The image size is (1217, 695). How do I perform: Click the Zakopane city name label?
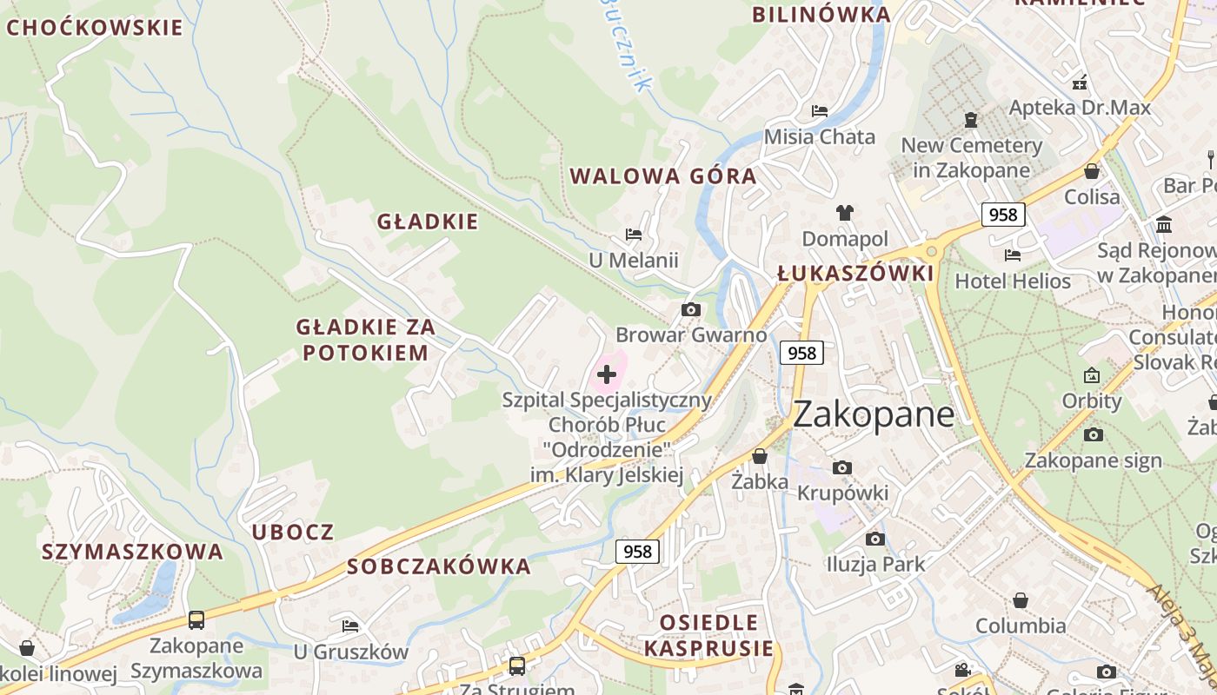coord(874,414)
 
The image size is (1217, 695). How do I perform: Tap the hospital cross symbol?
coord(607,374)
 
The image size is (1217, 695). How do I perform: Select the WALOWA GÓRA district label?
coord(662,176)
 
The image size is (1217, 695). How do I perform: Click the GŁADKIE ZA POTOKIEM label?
coord(364,340)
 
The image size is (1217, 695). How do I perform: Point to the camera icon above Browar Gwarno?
coord(691,310)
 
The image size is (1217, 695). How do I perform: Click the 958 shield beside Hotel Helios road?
coord(1003,215)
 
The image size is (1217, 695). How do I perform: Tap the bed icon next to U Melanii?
coord(634,235)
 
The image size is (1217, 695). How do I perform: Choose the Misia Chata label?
coord(819,136)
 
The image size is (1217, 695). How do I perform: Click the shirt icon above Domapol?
coord(844,213)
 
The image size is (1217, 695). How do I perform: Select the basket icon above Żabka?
coord(760,456)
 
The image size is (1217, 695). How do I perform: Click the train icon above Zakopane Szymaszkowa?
coord(196,620)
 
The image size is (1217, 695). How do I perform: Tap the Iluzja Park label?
coord(875,564)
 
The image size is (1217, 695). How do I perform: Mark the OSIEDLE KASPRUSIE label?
coord(708,635)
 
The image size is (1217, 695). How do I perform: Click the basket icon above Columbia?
coord(1021,600)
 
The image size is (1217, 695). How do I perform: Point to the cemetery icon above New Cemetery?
coord(971,120)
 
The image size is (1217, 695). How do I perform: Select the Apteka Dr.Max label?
coord(1080,108)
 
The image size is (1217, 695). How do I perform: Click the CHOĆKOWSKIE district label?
coord(95,28)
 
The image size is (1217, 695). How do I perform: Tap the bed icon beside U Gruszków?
coord(350,625)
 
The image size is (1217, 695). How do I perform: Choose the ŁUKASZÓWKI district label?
coord(855,274)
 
